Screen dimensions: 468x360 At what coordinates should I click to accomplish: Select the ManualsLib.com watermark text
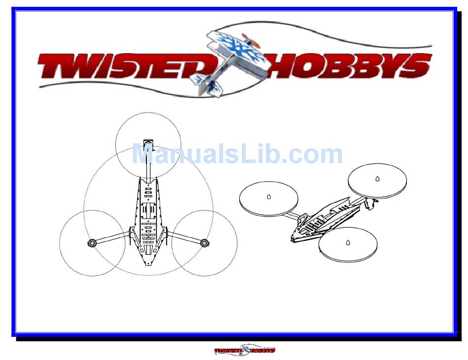click(x=237, y=155)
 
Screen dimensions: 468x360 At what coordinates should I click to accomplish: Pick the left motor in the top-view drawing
click(x=92, y=243)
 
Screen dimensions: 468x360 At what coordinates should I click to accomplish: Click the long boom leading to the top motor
click(x=148, y=165)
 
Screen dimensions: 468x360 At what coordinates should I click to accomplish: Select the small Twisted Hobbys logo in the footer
click(x=244, y=351)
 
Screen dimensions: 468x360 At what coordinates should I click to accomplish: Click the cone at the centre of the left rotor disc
click(x=268, y=197)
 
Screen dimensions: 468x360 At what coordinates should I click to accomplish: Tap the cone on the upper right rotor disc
click(x=377, y=178)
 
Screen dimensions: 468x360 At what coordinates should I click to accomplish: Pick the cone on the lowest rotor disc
click(x=348, y=242)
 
